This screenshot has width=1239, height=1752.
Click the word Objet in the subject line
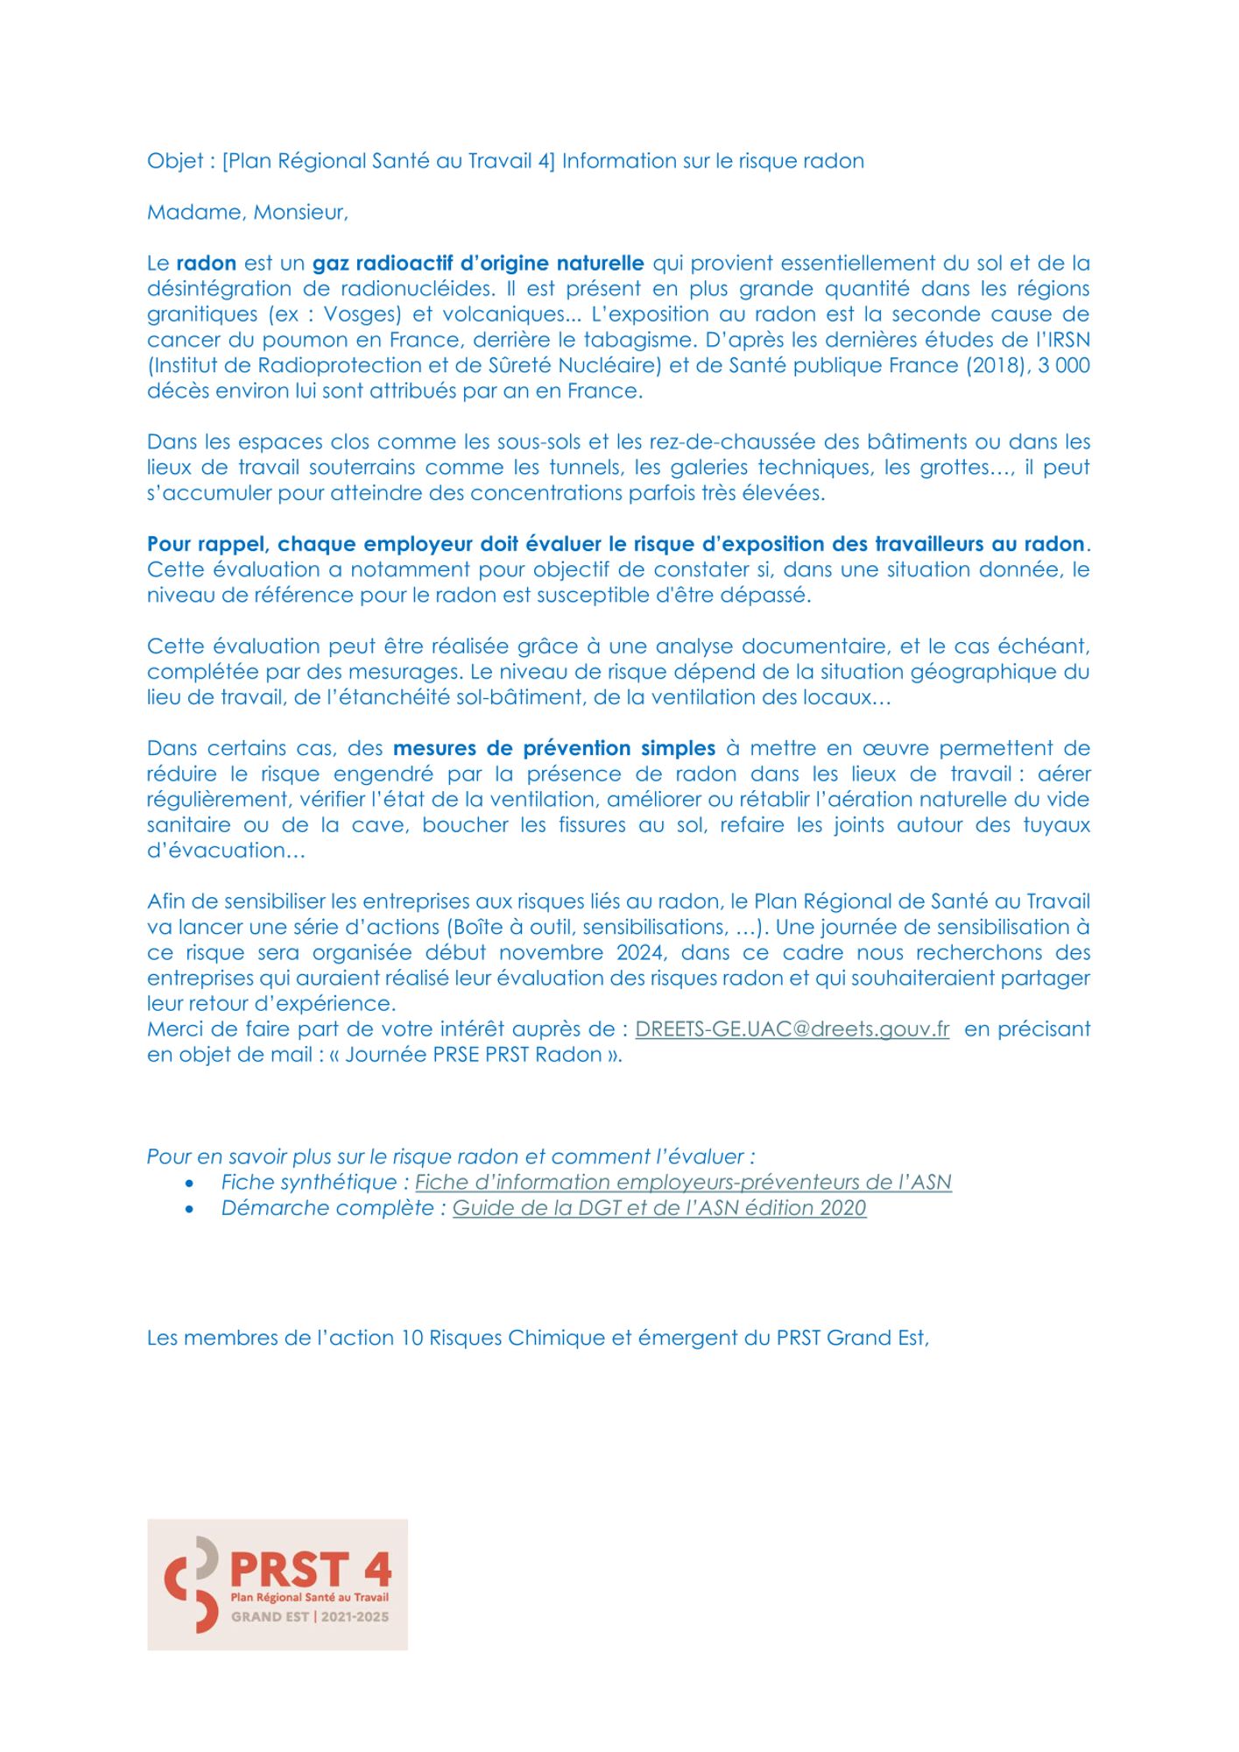[x=175, y=162]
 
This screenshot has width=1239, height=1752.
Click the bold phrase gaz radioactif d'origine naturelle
[x=478, y=264]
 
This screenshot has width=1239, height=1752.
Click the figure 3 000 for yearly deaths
[x=1064, y=365]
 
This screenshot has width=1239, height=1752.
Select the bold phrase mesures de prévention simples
[x=554, y=749]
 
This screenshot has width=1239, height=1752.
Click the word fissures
[x=592, y=825]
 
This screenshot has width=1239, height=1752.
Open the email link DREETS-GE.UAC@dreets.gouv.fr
[x=792, y=1029]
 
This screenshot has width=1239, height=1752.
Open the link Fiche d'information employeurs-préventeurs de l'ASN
[x=683, y=1183]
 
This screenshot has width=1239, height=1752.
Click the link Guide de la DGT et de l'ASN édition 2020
[x=659, y=1208]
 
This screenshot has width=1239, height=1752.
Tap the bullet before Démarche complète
[x=190, y=1209]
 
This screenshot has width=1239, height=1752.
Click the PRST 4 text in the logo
[x=310, y=1570]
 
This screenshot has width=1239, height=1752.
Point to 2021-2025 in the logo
[x=355, y=1617]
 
